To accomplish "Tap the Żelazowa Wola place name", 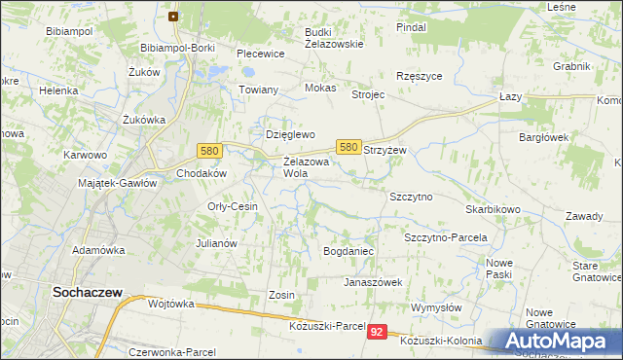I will pyautogui.click(x=307, y=167).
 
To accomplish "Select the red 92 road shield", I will pyautogui.click(x=378, y=333).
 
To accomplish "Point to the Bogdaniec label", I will pyautogui.click(x=348, y=251).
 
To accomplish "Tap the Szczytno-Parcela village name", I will pyautogui.click(x=445, y=237).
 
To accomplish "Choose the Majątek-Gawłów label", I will pyautogui.click(x=117, y=182).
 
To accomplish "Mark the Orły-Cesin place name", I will pyautogui.click(x=232, y=206).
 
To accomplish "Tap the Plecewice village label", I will pyautogui.click(x=260, y=54).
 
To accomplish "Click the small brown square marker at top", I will pyautogui.click(x=173, y=17).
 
